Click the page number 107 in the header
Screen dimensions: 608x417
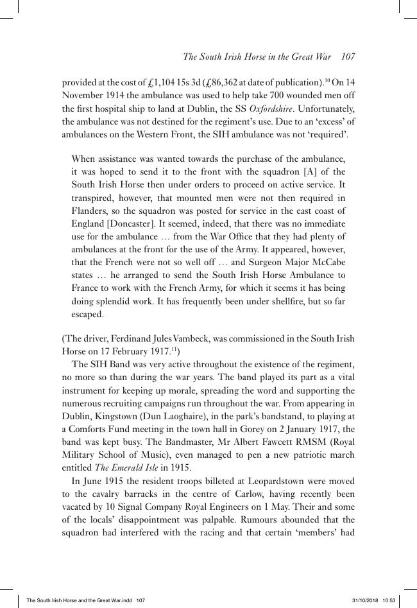[x=348, y=57]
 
